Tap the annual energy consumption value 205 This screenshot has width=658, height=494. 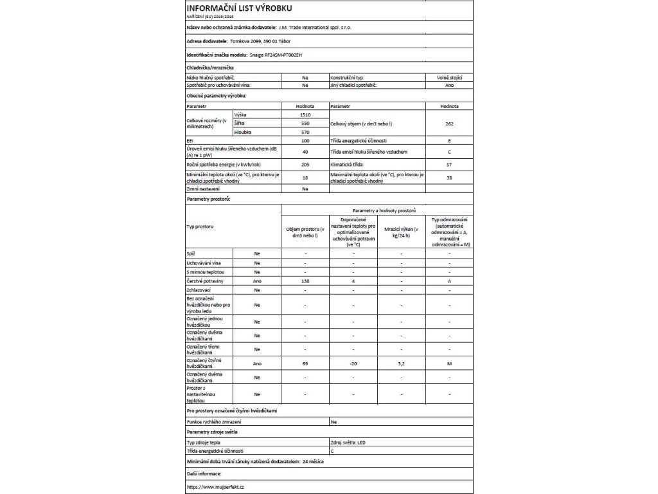click(305, 165)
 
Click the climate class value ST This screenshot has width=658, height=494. click(449, 165)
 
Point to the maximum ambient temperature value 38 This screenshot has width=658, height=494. click(449, 178)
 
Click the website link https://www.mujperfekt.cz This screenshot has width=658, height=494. click(215, 487)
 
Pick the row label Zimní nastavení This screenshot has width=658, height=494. click(204, 189)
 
